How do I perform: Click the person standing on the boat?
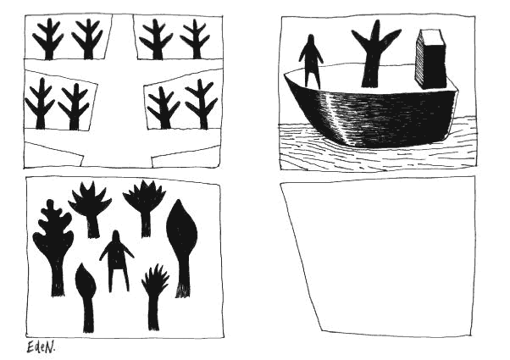click(311, 62)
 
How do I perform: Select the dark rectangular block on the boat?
click(431, 59)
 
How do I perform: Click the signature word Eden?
click(41, 347)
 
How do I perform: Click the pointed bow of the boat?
click(285, 75)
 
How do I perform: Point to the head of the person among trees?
click(115, 235)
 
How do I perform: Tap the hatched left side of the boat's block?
click(419, 60)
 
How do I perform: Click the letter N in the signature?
click(49, 348)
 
